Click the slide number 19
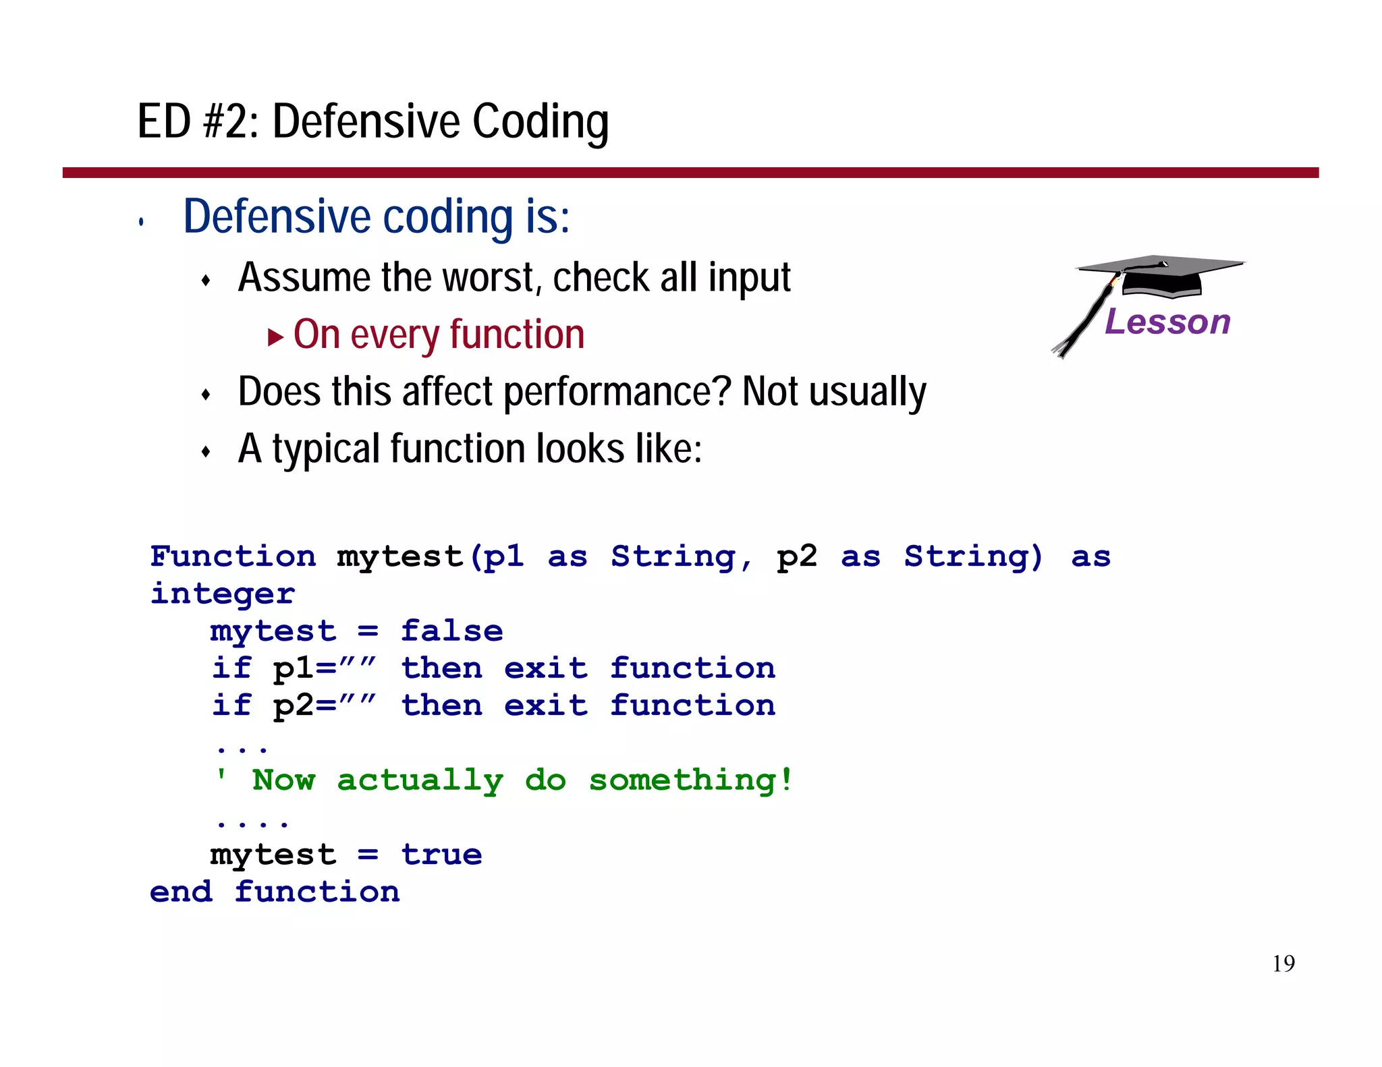[x=1283, y=964]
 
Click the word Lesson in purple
[x=1167, y=322]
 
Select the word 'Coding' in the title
[x=540, y=122]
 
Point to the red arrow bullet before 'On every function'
[x=275, y=337]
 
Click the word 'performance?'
[x=617, y=392]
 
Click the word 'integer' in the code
[x=222, y=594]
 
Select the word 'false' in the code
[x=451, y=631]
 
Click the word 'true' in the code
[x=441, y=855]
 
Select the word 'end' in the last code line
[x=181, y=892]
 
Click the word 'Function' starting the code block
[x=233, y=556]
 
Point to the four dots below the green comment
[x=252, y=824]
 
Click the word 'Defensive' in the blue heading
[x=277, y=217]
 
